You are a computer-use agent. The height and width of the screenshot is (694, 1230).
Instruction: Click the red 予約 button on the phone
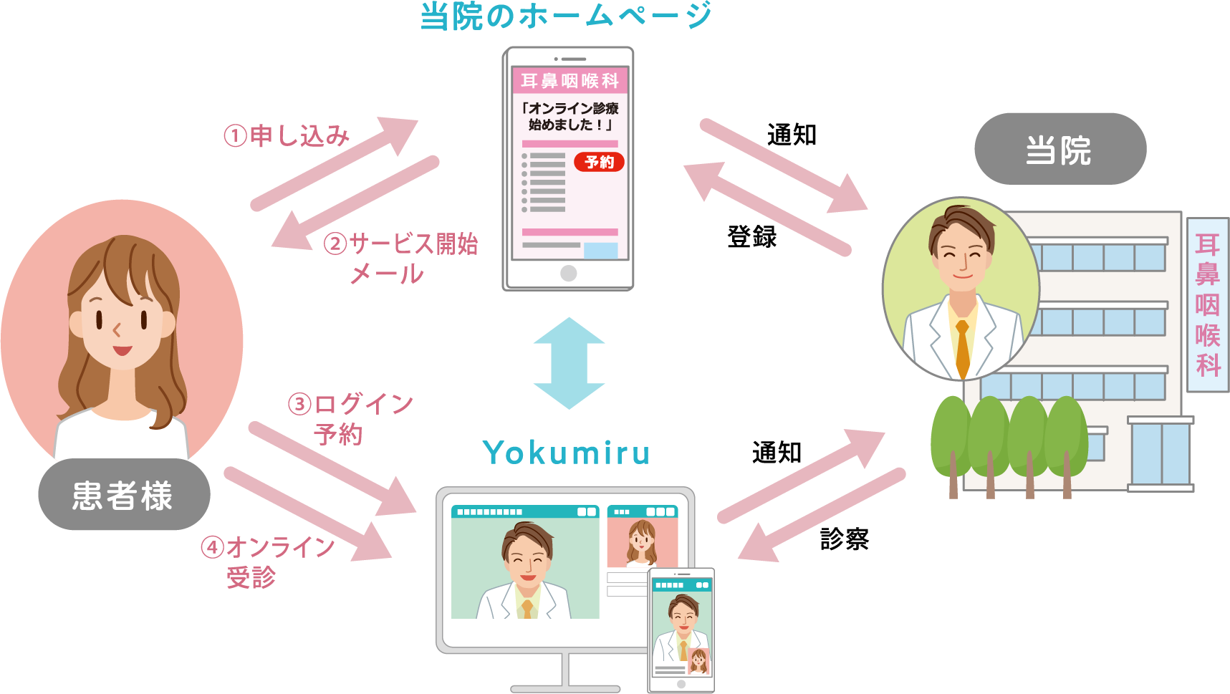pyautogui.click(x=599, y=163)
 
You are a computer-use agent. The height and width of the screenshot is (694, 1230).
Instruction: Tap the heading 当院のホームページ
pyautogui.click(x=566, y=16)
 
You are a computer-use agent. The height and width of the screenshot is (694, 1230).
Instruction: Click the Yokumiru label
pyautogui.click(x=566, y=453)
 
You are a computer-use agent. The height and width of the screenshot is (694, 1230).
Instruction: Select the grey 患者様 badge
pyautogui.click(x=123, y=495)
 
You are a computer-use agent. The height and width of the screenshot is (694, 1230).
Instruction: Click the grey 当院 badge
pyautogui.click(x=1060, y=150)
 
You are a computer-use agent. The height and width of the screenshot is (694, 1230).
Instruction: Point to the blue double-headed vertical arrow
pyautogui.click(x=569, y=363)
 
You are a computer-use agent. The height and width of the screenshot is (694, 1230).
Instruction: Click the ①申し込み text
pyautogui.click(x=287, y=135)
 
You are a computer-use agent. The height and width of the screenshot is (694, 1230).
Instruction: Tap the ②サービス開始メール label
pyautogui.click(x=401, y=258)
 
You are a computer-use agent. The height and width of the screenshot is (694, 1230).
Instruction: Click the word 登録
pyautogui.click(x=751, y=236)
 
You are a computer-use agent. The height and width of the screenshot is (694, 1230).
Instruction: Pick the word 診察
pyautogui.click(x=845, y=539)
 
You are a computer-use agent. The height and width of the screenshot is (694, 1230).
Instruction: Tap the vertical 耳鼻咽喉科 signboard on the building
pyautogui.click(x=1208, y=305)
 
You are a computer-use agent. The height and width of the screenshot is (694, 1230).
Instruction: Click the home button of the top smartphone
pyautogui.click(x=568, y=273)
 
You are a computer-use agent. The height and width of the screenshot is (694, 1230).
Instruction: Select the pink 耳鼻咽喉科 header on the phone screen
pyautogui.click(x=570, y=81)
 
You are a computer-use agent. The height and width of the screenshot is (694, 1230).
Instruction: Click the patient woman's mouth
pyautogui.click(x=122, y=350)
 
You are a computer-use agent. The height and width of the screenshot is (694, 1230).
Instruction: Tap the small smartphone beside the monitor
pyautogui.click(x=681, y=630)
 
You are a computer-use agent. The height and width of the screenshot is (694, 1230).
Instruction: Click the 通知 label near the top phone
pyautogui.click(x=792, y=135)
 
